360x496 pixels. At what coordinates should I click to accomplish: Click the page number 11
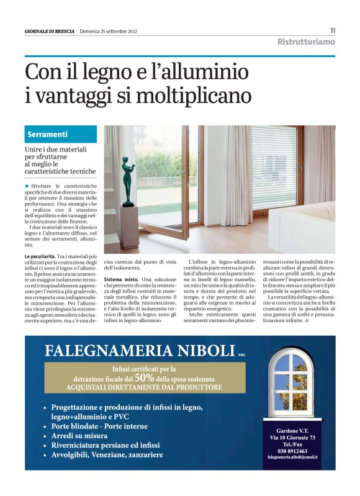coord(333,30)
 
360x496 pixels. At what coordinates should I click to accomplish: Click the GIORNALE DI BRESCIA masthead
coord(49,31)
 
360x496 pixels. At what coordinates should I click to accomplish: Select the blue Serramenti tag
coord(48,134)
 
